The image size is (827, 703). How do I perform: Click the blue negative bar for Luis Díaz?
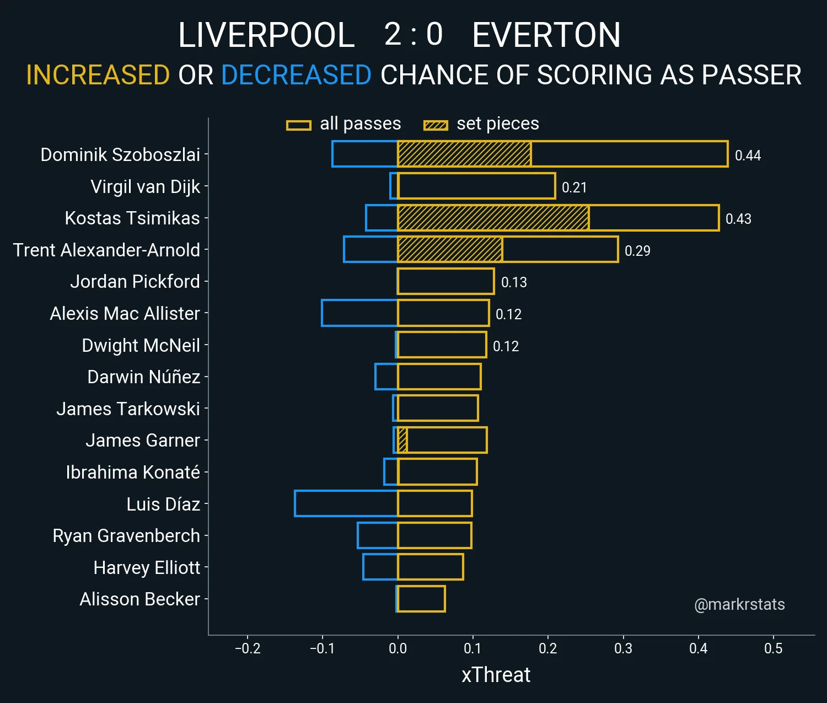pyautogui.click(x=346, y=503)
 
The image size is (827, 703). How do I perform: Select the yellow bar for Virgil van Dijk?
pyautogui.click(x=476, y=186)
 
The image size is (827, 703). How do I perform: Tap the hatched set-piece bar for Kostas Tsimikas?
pyautogui.click(x=493, y=218)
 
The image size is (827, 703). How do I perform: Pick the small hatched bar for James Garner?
pyautogui.click(x=402, y=441)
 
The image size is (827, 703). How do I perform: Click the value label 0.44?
pyautogui.click(x=748, y=155)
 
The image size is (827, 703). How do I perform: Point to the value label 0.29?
pyautogui.click(x=637, y=251)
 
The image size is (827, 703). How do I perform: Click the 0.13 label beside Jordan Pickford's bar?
pyautogui.click(x=514, y=282)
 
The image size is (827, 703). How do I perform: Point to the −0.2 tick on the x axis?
pyautogui.click(x=248, y=648)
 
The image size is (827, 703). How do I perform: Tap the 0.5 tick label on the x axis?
pyautogui.click(x=773, y=648)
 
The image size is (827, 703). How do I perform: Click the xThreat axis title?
pyautogui.click(x=496, y=675)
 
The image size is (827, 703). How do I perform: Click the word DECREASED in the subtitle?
pyautogui.click(x=296, y=75)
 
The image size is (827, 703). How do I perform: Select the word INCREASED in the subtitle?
pyautogui.click(x=98, y=75)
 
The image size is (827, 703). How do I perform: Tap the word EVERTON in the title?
pyautogui.click(x=546, y=35)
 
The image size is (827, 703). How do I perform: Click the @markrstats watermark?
pyautogui.click(x=739, y=604)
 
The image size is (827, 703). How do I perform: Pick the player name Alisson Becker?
pyautogui.click(x=140, y=599)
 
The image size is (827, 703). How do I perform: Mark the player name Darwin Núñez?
pyautogui.click(x=144, y=377)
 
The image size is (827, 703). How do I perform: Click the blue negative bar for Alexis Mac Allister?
pyautogui.click(x=359, y=313)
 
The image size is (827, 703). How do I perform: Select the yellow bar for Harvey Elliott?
pyautogui.click(x=431, y=567)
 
